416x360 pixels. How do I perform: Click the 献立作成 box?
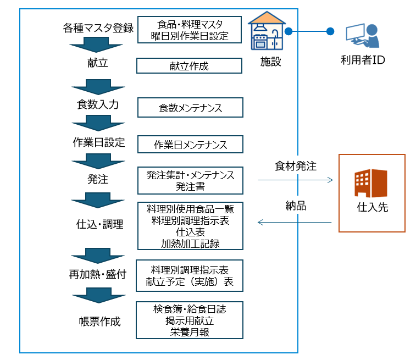pyautogui.click(x=189, y=66)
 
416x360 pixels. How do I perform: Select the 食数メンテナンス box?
pyautogui.click(x=190, y=108)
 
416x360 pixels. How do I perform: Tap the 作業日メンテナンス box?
pyautogui.click(x=190, y=145)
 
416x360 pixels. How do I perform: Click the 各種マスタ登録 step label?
pyautogui.click(x=98, y=29)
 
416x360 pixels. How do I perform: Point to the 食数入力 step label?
pyautogui.click(x=98, y=104)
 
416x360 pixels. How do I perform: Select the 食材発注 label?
pyautogui.click(x=295, y=165)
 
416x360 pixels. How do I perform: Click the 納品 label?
pyautogui.click(x=295, y=206)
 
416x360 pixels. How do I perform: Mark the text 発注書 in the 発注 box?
pyautogui.click(x=190, y=186)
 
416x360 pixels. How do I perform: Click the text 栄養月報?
pyautogui.click(x=190, y=332)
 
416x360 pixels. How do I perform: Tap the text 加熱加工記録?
pyautogui.click(x=190, y=243)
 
